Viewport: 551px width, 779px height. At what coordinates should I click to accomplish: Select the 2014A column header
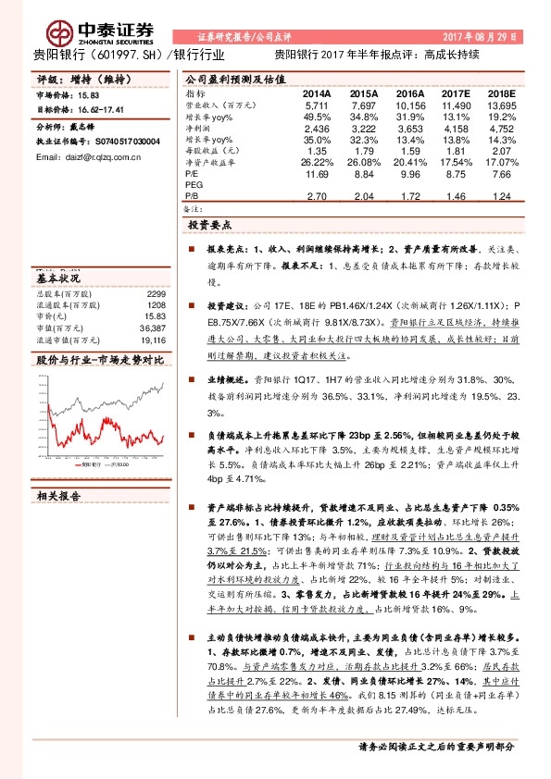click(318, 94)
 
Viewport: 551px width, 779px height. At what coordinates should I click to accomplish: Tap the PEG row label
click(194, 185)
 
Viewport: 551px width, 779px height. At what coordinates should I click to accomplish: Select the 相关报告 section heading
click(58, 497)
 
